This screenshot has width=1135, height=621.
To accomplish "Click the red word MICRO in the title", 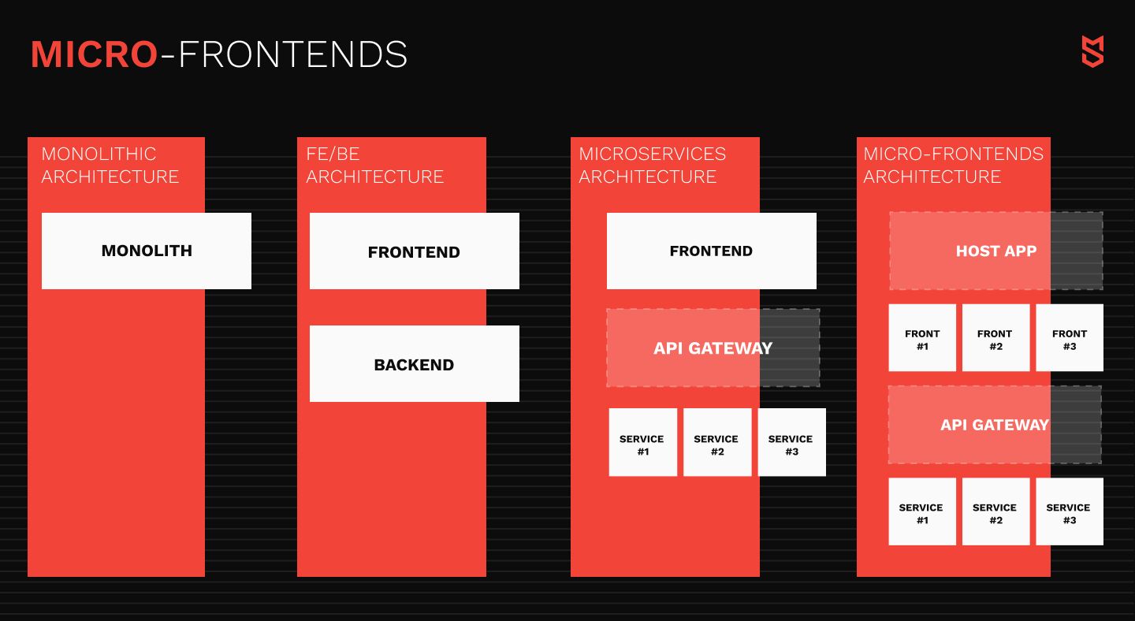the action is tap(95, 54).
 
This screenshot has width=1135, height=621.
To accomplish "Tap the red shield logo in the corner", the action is tap(1092, 51).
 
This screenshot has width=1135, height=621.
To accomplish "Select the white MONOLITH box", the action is tap(147, 251).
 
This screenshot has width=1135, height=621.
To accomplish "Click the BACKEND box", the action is tap(415, 363).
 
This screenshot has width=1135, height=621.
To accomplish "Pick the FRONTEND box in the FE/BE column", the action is tap(415, 251).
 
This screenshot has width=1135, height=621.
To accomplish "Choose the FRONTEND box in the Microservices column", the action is tap(712, 251).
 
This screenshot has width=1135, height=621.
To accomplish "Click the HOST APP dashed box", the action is tap(996, 251).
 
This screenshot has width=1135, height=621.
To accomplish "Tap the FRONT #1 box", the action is tap(922, 338).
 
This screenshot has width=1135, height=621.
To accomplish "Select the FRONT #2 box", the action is tap(995, 338).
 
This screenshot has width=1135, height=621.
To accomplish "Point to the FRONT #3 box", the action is tap(1070, 338).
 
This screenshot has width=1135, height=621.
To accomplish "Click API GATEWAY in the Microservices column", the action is tap(713, 348).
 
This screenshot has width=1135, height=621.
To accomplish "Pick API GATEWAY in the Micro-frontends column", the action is tap(995, 425).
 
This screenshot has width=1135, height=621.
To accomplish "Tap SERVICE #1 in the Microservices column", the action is tap(643, 442).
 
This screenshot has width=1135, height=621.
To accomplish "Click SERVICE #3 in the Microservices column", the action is tap(792, 442).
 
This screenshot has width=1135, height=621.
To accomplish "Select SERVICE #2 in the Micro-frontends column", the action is tap(995, 511).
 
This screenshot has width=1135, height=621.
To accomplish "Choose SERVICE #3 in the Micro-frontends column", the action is tap(1070, 511).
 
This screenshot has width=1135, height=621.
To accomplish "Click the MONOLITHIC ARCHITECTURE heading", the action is tap(110, 165).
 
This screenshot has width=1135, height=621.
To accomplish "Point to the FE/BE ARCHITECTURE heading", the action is tap(375, 165).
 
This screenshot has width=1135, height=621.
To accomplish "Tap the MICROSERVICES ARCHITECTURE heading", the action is tap(653, 165).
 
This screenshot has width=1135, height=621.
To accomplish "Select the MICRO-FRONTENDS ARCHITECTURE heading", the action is tap(953, 165).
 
